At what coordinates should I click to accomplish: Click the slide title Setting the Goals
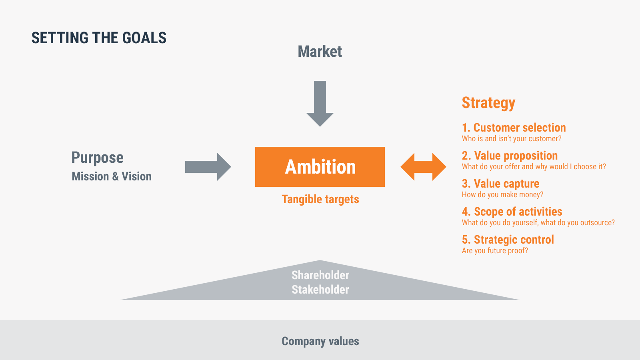click(99, 38)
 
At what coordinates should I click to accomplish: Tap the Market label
click(320, 52)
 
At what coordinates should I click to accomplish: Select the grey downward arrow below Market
click(320, 104)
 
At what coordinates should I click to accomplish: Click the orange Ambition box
click(320, 167)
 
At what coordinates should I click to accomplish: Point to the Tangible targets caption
click(320, 200)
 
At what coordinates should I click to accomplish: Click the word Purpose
click(98, 158)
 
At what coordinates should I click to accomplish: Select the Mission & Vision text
click(112, 176)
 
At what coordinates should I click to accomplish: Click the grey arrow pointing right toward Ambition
click(208, 167)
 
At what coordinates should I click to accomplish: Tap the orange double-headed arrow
click(423, 167)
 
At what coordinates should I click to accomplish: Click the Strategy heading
click(488, 103)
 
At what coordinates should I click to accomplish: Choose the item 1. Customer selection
click(514, 128)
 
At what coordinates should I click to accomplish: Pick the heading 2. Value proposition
click(510, 156)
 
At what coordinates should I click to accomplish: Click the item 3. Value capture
click(500, 184)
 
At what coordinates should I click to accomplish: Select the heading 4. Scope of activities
click(512, 212)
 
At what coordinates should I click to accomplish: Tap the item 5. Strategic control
click(508, 240)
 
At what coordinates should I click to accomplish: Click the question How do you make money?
click(502, 194)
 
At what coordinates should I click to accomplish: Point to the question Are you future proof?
click(495, 250)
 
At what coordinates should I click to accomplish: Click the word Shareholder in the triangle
click(320, 275)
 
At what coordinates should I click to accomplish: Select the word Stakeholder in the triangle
click(320, 290)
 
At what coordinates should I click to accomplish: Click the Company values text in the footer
click(320, 341)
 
